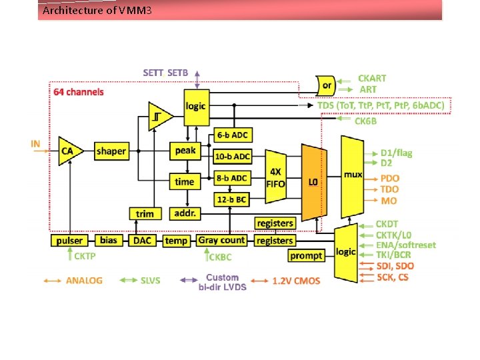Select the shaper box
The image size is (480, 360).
click(x=111, y=151)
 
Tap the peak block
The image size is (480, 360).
click(x=185, y=151)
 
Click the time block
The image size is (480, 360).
click(x=185, y=181)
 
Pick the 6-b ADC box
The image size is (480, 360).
click(x=232, y=135)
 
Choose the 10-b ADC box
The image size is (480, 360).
click(x=232, y=157)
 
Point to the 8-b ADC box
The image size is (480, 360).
click(x=232, y=178)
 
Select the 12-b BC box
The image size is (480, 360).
click(x=232, y=199)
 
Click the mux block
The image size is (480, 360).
click(x=352, y=175)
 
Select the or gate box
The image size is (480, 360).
click(x=327, y=85)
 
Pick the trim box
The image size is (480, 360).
click(x=145, y=213)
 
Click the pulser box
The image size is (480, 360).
click(x=70, y=240)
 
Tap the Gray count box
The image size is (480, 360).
click(x=222, y=240)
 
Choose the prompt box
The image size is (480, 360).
click(x=306, y=255)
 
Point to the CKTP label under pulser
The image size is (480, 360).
click(x=84, y=256)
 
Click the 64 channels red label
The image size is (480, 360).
click(x=79, y=91)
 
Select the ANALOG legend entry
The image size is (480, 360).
click(x=84, y=281)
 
